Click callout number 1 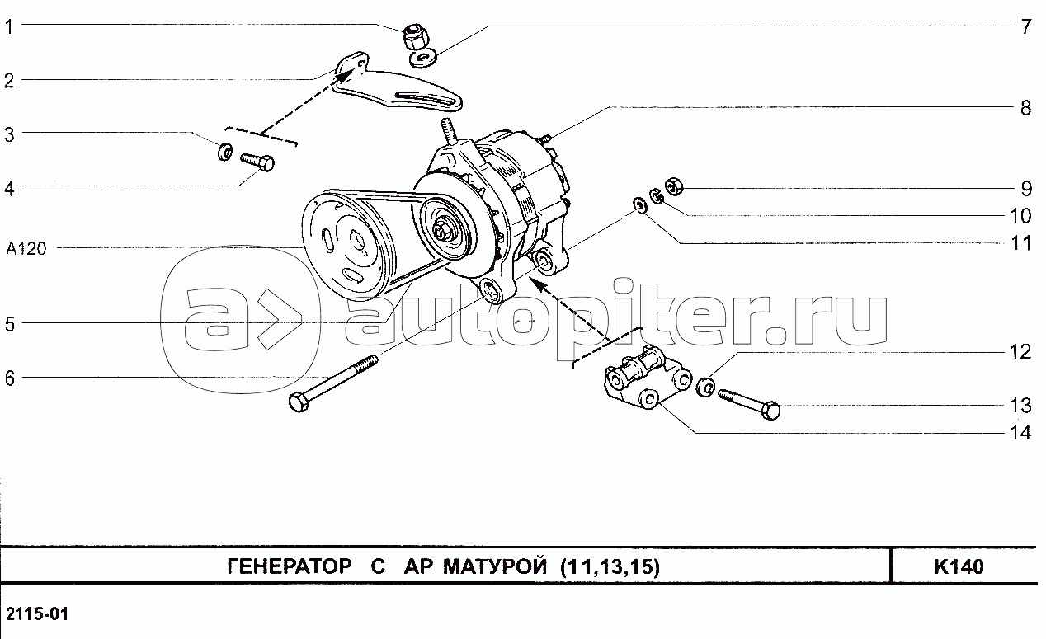(9, 27)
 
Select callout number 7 (1025, 27)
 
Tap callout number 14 (1020, 433)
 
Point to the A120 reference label (26, 248)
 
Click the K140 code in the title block (959, 566)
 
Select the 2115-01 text (37, 613)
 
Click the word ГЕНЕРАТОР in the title (290, 566)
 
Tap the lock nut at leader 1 (414, 36)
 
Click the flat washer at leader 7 (422, 59)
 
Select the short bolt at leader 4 (257, 162)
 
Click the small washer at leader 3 (225, 151)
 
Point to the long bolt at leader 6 (333, 383)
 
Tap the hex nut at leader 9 (673, 186)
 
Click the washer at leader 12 (705, 388)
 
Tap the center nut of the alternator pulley (441, 231)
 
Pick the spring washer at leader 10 (657, 196)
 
